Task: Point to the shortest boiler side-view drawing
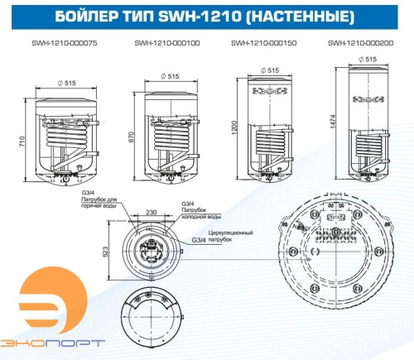click(x=60, y=137)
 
